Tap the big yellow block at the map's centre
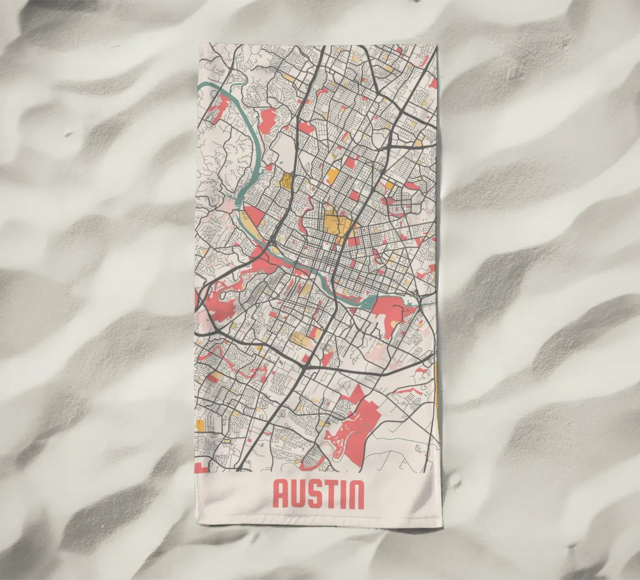tap(337, 223)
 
